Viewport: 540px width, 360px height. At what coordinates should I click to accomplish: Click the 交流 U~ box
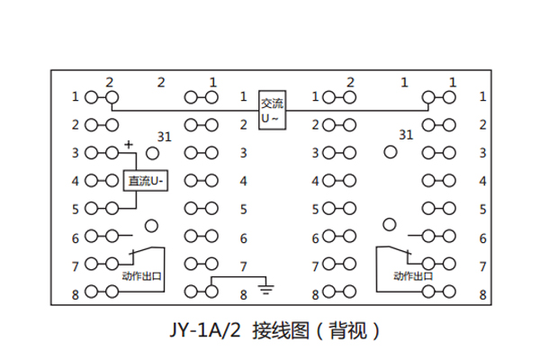[272, 109]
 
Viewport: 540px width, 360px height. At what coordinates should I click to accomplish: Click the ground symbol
[265, 290]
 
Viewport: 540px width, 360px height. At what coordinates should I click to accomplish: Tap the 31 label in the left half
[164, 137]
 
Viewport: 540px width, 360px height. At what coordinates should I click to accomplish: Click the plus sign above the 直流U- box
[129, 143]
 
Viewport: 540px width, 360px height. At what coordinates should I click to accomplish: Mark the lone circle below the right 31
[390, 153]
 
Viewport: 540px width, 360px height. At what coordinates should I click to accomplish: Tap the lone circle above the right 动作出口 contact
[390, 224]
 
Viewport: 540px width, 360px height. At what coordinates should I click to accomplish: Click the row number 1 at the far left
[76, 96]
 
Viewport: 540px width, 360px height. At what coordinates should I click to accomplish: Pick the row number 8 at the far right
[483, 294]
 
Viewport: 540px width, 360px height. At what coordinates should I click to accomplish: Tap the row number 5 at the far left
[76, 210]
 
